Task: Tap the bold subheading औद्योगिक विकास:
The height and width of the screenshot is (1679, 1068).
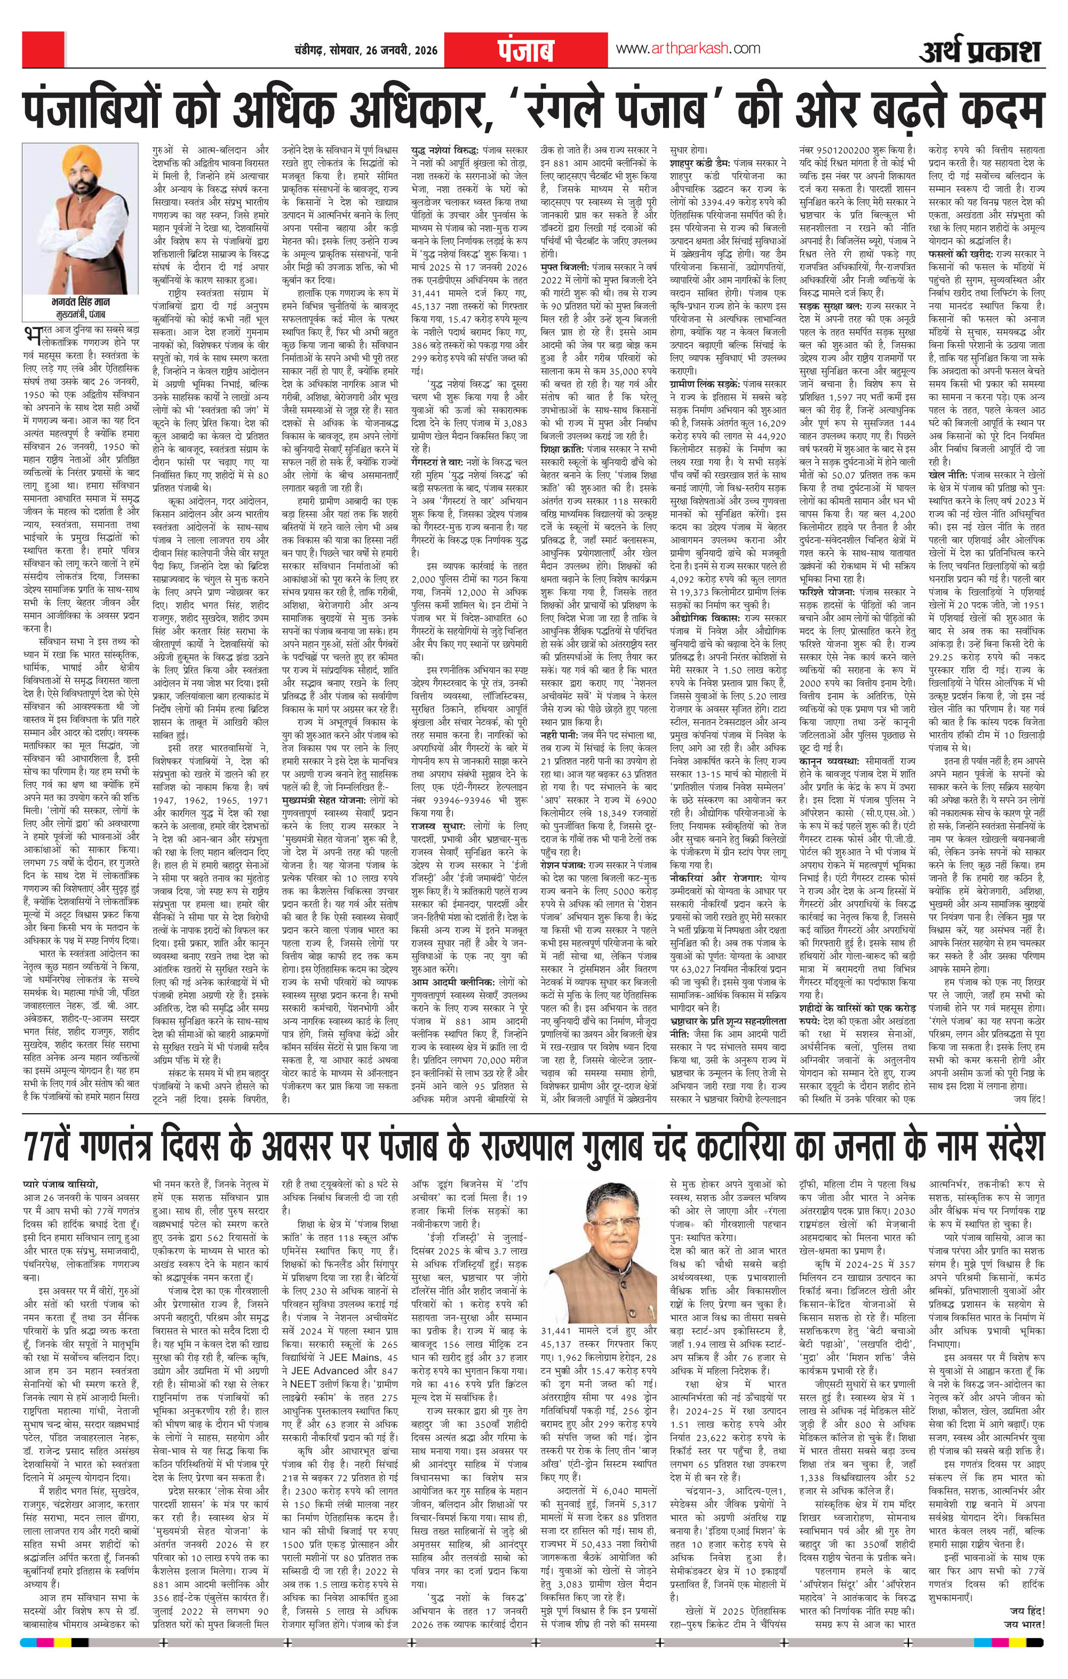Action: tap(705, 618)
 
